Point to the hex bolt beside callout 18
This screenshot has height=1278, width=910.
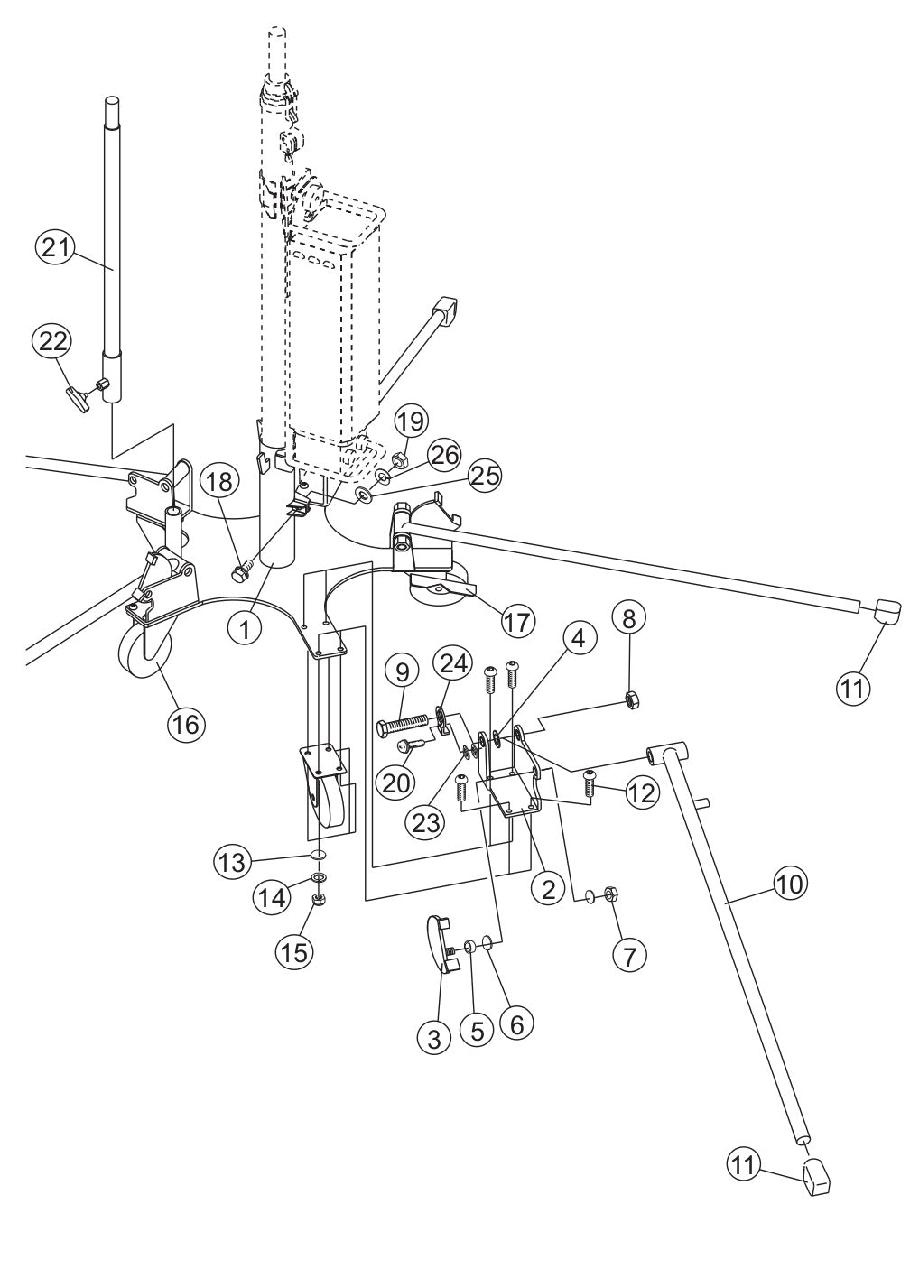click(240, 571)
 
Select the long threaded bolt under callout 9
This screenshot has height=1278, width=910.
click(407, 723)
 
